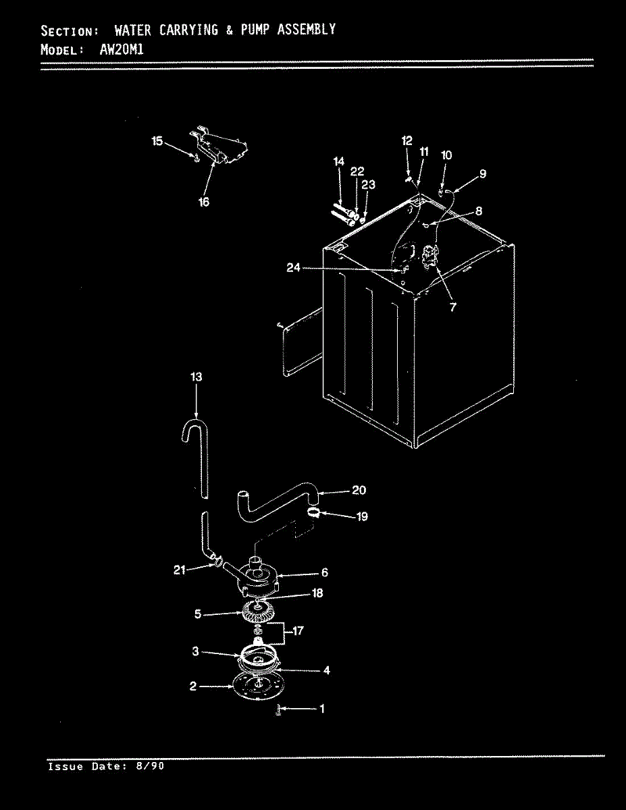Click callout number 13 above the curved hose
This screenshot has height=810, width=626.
(x=196, y=377)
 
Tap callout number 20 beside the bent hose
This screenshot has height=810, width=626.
(x=359, y=491)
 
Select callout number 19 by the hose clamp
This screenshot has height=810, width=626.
(x=362, y=517)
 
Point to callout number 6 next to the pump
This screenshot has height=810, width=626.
(x=324, y=572)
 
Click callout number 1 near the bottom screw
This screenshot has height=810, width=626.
(x=321, y=709)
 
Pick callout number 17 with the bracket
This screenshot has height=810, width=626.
(x=298, y=631)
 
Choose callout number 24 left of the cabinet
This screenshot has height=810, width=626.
(x=293, y=269)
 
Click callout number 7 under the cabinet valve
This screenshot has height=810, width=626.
(x=452, y=306)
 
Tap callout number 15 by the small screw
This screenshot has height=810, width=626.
(x=157, y=141)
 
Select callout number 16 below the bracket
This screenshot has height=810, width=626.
(x=204, y=201)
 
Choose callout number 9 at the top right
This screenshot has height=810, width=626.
(x=482, y=174)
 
